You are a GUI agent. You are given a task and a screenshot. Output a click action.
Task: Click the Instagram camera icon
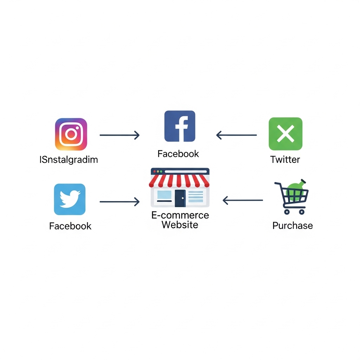tap(71, 134)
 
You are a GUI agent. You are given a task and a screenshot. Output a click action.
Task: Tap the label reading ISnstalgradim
tap(69, 160)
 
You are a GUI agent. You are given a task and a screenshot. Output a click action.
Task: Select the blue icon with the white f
tap(180, 126)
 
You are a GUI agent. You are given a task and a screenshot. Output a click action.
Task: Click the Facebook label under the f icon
tap(178, 154)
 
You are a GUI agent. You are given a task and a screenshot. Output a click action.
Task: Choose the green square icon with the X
tap(285, 134)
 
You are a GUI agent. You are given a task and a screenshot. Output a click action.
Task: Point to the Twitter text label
tap(285, 160)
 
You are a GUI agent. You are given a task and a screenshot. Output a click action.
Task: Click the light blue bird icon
tap(70, 199)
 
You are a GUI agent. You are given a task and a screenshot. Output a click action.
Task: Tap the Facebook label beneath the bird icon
tap(70, 226)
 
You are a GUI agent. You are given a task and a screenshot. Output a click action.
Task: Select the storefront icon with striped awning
tap(180, 187)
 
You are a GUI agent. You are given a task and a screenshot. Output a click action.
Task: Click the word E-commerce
tap(180, 215)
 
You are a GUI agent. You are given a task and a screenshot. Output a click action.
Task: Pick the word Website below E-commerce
tap(180, 225)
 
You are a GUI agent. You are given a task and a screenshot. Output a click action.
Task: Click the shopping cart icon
tap(291, 197)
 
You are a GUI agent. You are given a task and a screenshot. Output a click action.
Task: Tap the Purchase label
tap(292, 226)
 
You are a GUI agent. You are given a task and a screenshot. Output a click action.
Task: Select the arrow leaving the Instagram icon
tap(120, 135)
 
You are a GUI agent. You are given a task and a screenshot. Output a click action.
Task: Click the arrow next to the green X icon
tap(237, 135)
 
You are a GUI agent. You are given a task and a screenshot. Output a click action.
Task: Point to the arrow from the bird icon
tap(120, 201)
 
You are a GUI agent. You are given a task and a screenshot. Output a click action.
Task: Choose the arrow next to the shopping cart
tap(243, 200)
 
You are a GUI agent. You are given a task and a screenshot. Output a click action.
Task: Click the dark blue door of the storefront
tap(180, 198)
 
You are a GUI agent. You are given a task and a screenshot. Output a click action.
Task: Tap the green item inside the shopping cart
tap(296, 191)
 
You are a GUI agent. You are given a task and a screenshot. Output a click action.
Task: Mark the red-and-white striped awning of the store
tap(179, 181)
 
